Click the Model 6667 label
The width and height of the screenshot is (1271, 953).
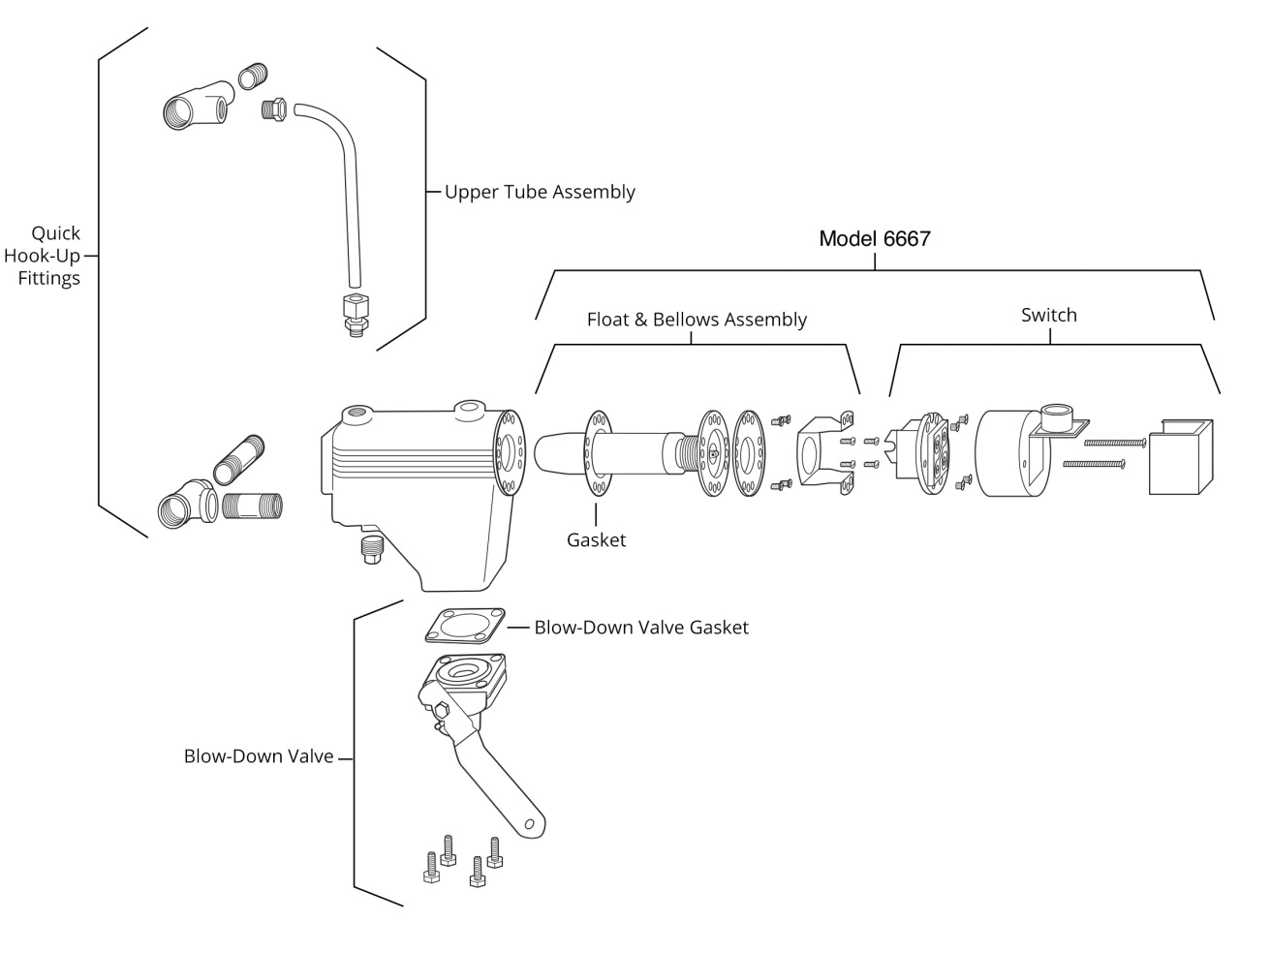[x=874, y=238]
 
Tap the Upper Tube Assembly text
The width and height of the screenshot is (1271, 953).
[x=540, y=192]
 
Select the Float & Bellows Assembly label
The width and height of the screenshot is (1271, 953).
[x=697, y=320]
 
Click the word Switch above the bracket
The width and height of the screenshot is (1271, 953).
[x=1048, y=315]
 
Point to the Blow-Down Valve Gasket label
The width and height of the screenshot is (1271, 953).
[x=641, y=628]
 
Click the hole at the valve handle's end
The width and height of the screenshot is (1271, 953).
[x=529, y=823]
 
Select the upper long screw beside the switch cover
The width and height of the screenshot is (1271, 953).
[x=1114, y=443]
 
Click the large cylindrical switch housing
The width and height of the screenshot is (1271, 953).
[x=1007, y=453]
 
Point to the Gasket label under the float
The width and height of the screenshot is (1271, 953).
[x=596, y=540]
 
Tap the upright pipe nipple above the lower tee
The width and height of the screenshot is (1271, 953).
[x=239, y=459]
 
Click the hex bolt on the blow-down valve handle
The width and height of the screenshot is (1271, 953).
[x=442, y=712]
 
